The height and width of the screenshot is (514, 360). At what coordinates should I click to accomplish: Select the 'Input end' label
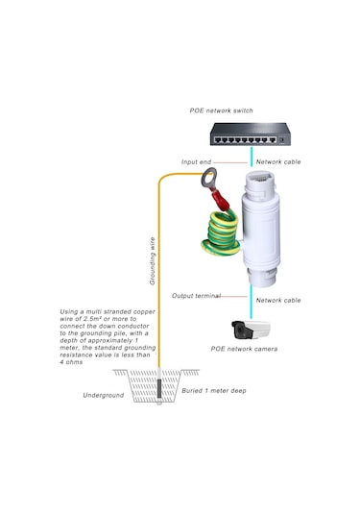coord(197,161)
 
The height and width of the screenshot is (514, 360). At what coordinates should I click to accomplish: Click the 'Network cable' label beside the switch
coord(277,161)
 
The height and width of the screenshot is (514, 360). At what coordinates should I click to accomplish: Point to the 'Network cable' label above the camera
coord(277,301)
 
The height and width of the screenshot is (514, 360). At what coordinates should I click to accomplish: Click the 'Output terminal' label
coord(196,295)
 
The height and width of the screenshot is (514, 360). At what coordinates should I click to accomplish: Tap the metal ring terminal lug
coord(209,178)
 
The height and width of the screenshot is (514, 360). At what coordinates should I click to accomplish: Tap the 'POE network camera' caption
coord(245,349)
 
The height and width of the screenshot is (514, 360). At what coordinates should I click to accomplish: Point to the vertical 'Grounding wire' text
coord(152,260)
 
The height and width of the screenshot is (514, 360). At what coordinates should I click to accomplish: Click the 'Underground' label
coord(103,394)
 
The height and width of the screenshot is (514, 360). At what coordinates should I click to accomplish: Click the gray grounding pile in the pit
coord(159,394)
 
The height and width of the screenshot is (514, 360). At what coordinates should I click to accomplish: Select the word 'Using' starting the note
coord(70,312)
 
